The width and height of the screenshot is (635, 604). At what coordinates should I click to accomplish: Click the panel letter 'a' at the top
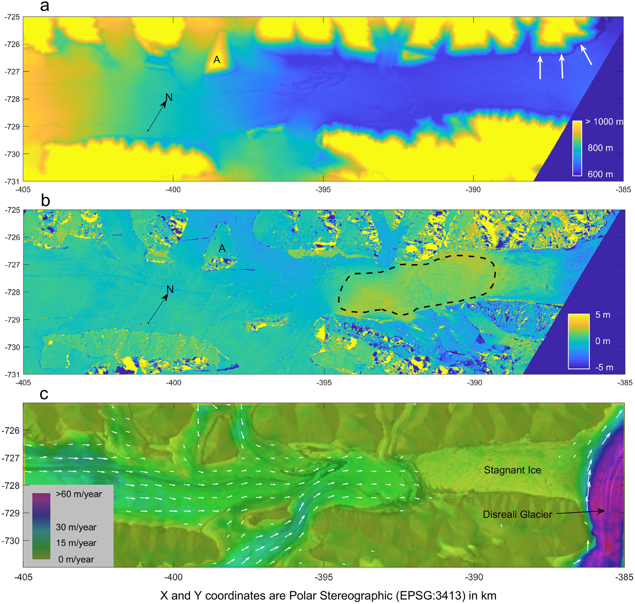click(x=45, y=6)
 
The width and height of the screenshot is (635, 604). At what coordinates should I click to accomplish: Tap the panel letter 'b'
click(x=45, y=201)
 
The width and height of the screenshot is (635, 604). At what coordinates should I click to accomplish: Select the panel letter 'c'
click(x=44, y=394)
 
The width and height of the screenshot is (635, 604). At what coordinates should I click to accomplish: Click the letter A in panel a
click(x=217, y=60)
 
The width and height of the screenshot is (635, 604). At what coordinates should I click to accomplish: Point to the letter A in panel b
click(x=222, y=248)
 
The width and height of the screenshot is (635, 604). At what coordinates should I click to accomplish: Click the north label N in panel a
click(x=169, y=97)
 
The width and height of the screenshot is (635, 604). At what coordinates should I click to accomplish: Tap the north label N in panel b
click(x=170, y=289)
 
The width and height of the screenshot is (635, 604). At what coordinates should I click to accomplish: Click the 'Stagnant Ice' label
click(x=512, y=470)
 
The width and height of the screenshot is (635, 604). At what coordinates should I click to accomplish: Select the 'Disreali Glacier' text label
click(x=517, y=514)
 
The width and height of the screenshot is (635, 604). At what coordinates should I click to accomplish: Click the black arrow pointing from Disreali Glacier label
click(x=580, y=512)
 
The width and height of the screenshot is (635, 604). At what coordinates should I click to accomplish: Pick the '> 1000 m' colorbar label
click(x=604, y=122)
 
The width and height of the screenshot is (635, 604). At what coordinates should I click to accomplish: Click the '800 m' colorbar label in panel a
click(x=600, y=148)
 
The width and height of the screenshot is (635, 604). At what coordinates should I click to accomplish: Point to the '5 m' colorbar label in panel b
click(x=602, y=315)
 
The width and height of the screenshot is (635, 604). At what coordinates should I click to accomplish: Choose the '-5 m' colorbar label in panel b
click(x=604, y=368)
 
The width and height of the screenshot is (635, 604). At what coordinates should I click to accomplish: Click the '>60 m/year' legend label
click(x=79, y=494)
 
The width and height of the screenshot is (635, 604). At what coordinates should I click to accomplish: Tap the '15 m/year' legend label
click(x=76, y=543)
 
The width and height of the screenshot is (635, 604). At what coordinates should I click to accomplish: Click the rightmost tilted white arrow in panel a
click(x=586, y=55)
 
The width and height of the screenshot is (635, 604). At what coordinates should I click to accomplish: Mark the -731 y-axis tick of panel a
click(x=12, y=181)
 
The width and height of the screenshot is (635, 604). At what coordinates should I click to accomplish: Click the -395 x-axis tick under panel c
click(x=323, y=577)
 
